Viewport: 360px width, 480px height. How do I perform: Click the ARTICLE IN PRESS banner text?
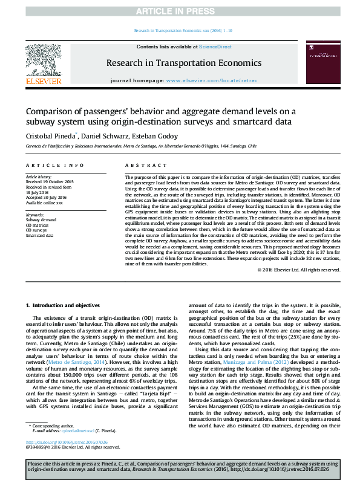pyautogui.click(x=180, y=11)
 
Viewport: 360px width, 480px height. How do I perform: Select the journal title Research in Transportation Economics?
pyautogui.click(x=184, y=63)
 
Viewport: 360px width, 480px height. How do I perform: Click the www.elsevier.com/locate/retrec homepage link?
pyautogui.click(x=211, y=80)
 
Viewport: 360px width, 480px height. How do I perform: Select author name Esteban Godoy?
pyautogui.click(x=162, y=136)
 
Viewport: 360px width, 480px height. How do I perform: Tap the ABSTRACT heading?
pyautogui.click(x=140, y=164)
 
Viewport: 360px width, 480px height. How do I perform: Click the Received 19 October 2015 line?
pyautogui.click(x=50, y=181)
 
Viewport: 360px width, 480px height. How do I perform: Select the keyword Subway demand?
pyautogui.click(x=41, y=220)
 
